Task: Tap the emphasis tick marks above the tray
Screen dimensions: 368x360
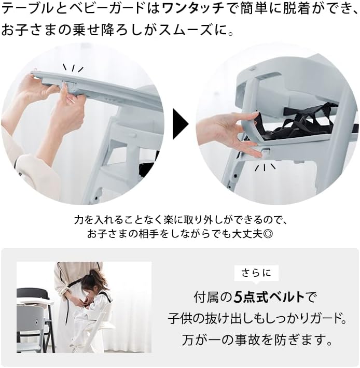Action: point(73,68)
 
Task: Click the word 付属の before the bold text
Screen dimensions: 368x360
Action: point(213,298)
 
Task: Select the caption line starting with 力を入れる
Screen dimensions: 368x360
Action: point(179,219)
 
